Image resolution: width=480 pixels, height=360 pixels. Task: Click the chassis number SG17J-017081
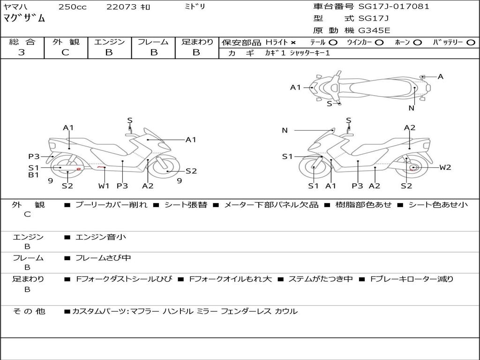[394, 7]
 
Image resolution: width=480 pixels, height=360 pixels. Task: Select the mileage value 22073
[121, 7]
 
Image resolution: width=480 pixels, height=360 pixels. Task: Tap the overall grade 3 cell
[22, 52]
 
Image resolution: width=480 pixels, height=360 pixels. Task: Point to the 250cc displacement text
[72, 7]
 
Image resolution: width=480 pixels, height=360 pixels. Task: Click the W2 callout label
[445, 167]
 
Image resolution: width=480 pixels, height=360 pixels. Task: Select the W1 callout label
[104, 186]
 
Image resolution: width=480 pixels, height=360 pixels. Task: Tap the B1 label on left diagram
[33, 175]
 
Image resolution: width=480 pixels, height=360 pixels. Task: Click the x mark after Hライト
[293, 42]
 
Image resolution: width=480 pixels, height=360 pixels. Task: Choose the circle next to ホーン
[417, 42]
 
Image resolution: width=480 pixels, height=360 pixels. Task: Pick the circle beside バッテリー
[471, 42]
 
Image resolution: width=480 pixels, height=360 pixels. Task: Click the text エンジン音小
[101, 237]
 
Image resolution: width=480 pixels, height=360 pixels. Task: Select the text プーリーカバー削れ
[111, 205]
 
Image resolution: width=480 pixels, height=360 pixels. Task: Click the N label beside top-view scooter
[411, 108]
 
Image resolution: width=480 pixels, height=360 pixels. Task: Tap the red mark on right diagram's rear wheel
[413, 168]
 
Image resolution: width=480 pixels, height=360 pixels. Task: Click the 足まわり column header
[197, 42]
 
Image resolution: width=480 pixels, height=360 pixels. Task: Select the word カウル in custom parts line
[286, 311]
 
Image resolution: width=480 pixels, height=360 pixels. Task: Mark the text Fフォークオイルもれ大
[230, 279]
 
